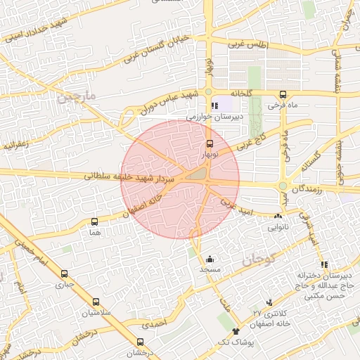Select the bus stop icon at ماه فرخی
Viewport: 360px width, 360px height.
[283, 95]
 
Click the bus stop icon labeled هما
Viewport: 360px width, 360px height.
[94, 221]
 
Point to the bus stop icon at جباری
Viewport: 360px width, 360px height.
[65, 274]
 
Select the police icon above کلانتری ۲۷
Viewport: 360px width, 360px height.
[269, 302]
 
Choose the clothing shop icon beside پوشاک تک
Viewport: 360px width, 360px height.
[235, 330]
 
